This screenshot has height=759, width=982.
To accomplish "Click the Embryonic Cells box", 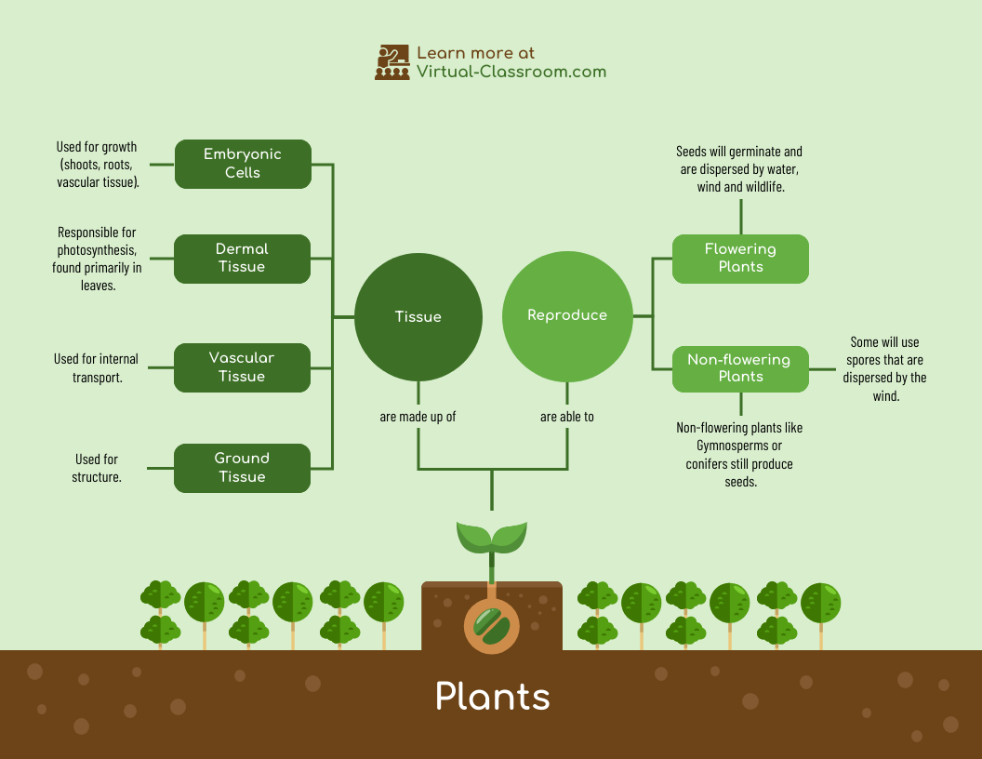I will point(243,164).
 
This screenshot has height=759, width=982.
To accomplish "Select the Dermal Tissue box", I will point(242,259).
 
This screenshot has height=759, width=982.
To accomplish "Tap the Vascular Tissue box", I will point(242,367).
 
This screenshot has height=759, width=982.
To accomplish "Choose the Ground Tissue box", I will point(242,468).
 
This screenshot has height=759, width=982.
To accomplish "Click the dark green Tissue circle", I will point(418,316).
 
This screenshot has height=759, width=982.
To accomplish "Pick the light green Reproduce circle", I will point(567,315).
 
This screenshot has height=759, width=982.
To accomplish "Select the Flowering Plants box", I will point(740,258).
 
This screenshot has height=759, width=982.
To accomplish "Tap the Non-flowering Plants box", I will point(740,368).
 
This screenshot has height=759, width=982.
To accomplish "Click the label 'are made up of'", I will point(418,417).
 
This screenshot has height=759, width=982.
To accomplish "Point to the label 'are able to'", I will point(567,417).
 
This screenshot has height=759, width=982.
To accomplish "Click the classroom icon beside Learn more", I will point(391,62).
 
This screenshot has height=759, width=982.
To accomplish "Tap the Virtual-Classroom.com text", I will point(511,72).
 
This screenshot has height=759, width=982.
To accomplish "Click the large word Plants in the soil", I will point(492,697).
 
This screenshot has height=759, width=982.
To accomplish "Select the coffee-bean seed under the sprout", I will point(492,626).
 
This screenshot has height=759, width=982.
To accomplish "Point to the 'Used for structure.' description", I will point(97,468).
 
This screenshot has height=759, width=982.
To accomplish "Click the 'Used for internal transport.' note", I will point(97,368).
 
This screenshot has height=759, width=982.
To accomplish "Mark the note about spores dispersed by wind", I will point(884,369).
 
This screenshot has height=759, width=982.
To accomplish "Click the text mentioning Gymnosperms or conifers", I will point(740,455).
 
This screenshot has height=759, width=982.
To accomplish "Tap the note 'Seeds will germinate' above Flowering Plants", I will point(740,169).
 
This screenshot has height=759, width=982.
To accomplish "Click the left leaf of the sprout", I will point(473,537).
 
